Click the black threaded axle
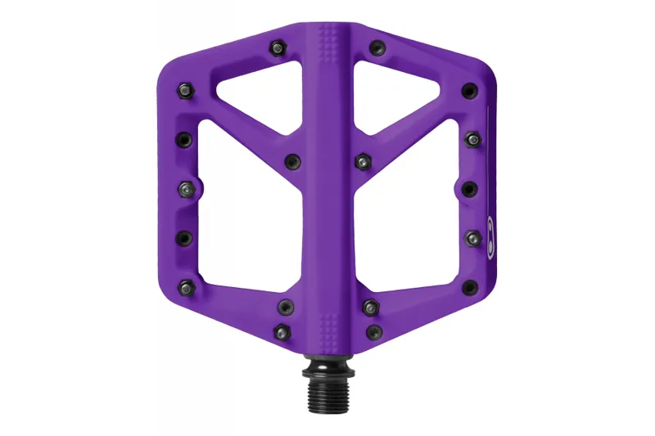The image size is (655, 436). pyautogui.click(x=327, y=384)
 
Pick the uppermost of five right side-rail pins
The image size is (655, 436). pyautogui.click(x=468, y=89)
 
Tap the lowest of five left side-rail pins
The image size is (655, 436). pyautogui.click(x=186, y=286)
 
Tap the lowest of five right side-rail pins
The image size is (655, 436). pyautogui.click(x=469, y=286)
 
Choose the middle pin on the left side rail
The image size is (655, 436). pyautogui.click(x=186, y=189)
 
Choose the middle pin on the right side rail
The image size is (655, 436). pyautogui.click(x=469, y=189)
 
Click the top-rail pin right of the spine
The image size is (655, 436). pyautogui.click(x=376, y=47)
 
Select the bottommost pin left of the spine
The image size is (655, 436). pyautogui.click(x=282, y=331)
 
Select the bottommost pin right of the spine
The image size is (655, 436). pyautogui.click(x=374, y=331)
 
